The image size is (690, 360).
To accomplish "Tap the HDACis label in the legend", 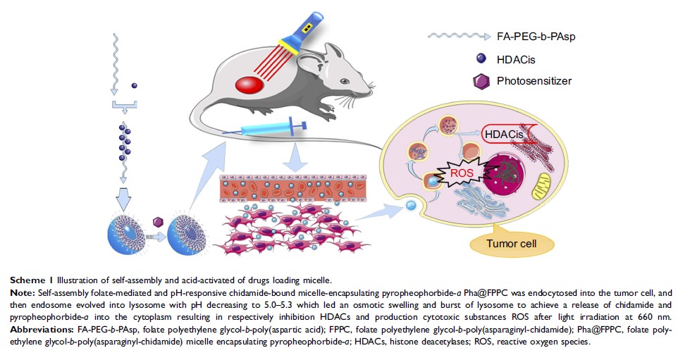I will pyautogui.click(x=517, y=59).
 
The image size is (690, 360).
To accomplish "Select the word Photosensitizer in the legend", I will pyautogui.click(x=534, y=81).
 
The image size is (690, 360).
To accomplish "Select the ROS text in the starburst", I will pyautogui.click(x=462, y=170).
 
